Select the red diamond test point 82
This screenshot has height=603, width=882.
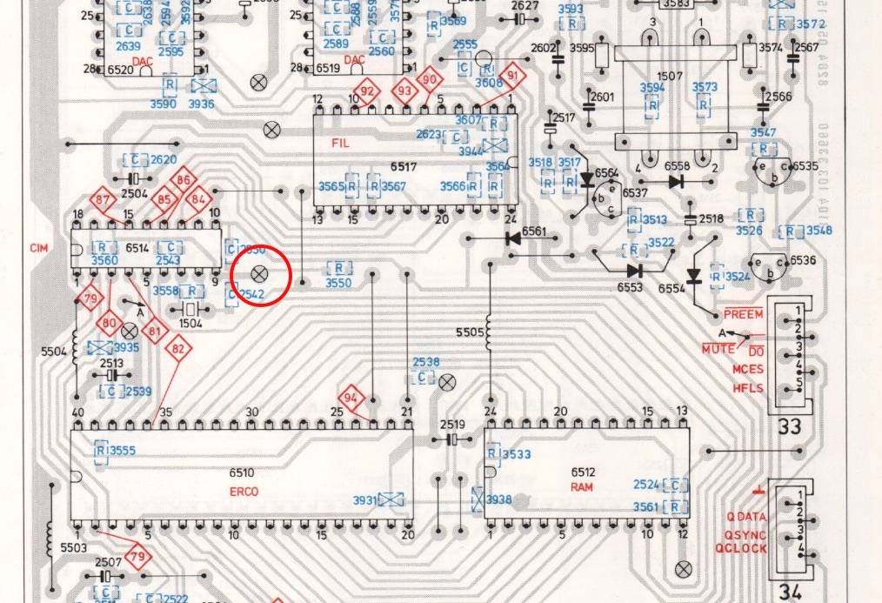point(179,350)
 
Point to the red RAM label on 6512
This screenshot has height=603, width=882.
point(582,487)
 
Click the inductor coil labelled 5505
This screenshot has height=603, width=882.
point(489,331)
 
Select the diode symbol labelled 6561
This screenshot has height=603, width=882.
point(513,237)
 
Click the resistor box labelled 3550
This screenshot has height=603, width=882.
point(338,268)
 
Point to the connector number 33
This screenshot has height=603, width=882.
point(789,427)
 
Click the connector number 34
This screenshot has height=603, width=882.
point(789,592)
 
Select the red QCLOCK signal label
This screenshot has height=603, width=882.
point(741,549)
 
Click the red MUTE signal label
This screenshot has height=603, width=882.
point(718,349)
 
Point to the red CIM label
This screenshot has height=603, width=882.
point(38,248)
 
